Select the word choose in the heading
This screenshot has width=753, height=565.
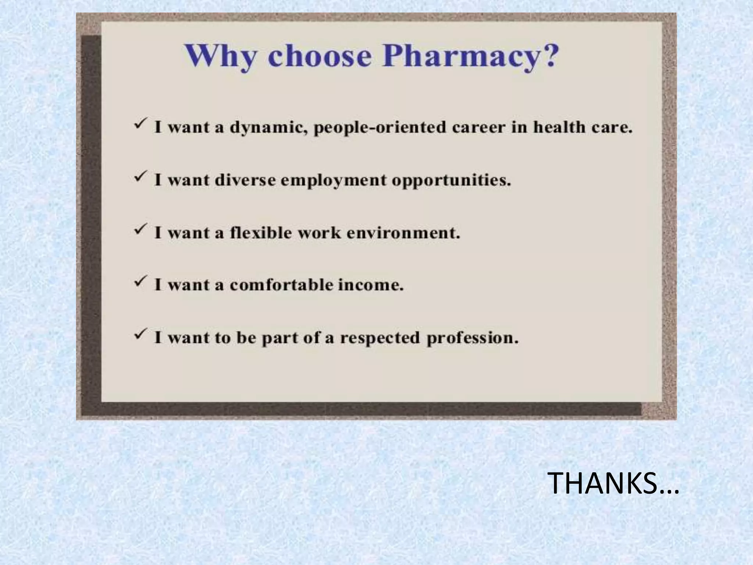click(320, 56)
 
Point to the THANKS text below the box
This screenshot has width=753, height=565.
click(613, 483)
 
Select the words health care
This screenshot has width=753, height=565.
click(582, 127)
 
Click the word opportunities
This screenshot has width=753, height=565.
click(451, 181)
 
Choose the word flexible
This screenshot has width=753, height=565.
click(261, 233)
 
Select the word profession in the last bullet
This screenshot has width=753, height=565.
click(472, 338)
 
